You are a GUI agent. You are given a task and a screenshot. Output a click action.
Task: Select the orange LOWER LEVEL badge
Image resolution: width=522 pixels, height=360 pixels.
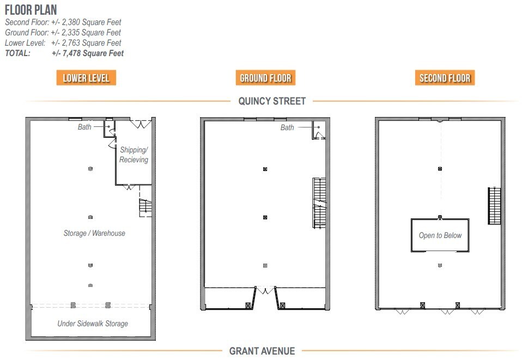[x=86, y=78]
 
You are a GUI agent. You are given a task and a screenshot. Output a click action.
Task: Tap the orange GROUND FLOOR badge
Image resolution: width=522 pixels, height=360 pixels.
[x=265, y=78]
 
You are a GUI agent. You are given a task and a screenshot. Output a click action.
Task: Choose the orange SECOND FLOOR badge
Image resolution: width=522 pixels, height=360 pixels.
[x=445, y=78]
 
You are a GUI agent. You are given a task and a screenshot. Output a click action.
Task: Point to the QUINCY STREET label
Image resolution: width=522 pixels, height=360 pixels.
[x=272, y=101]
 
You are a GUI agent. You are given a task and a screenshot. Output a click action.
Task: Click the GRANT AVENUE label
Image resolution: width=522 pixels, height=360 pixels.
[x=262, y=351]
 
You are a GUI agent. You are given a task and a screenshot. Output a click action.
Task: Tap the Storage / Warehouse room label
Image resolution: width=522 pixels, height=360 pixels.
[x=94, y=233]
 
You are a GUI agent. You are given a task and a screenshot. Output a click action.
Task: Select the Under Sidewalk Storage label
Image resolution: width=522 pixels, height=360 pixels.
[x=93, y=324]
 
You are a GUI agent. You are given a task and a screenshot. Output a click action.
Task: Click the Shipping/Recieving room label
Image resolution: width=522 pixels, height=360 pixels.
[x=133, y=155]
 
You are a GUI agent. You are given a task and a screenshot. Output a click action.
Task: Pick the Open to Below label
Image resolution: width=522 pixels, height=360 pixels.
[x=440, y=235]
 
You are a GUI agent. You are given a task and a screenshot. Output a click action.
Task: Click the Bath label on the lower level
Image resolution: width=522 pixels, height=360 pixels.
[x=84, y=127]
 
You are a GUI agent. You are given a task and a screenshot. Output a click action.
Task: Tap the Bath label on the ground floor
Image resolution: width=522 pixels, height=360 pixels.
[x=287, y=127]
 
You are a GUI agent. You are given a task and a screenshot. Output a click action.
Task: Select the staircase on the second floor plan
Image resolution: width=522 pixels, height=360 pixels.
[x=494, y=206]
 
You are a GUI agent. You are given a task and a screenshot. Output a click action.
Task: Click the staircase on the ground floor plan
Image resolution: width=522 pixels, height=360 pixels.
[x=319, y=203]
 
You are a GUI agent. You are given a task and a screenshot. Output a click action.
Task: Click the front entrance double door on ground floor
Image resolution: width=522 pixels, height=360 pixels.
[x=265, y=291]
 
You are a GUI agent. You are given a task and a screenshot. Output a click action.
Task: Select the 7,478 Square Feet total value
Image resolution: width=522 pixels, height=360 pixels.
[x=88, y=53]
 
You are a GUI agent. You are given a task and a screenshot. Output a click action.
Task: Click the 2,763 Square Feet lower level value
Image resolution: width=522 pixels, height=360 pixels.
[x=87, y=42]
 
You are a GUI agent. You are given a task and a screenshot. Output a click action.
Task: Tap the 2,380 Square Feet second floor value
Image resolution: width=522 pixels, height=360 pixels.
[x=87, y=22]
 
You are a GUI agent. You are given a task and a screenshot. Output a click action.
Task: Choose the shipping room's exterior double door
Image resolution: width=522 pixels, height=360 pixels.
[x=139, y=124]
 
